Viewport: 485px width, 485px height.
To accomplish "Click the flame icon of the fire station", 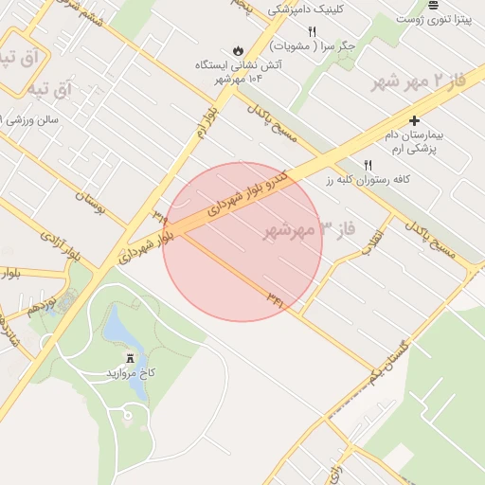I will [236, 51].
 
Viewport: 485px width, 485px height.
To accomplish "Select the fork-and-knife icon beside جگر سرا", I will [312, 31].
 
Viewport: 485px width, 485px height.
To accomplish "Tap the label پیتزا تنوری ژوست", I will [433, 19].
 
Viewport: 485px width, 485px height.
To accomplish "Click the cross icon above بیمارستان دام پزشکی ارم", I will [414, 120].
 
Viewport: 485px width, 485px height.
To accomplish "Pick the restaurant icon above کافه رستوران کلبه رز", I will [382, 164].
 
